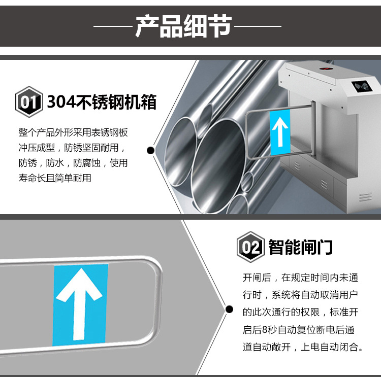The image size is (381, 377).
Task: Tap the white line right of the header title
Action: point(257,26)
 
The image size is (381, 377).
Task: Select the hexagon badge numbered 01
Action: point(28,102)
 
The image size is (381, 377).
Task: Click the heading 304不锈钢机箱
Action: point(102,102)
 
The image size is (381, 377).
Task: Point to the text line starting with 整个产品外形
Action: point(73,133)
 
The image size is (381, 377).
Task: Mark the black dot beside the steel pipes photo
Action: point(150,150)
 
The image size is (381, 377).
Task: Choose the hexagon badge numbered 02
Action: point(250,248)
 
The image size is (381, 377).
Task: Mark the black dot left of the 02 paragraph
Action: point(229,309)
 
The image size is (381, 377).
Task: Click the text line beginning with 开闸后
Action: point(301,278)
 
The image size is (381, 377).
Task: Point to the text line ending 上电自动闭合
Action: point(303,348)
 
